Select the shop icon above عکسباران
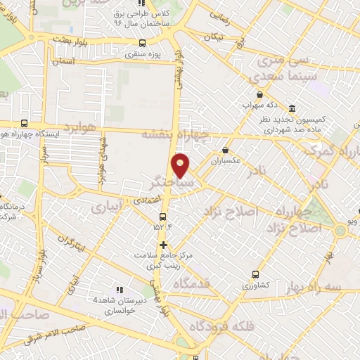coord(225,150)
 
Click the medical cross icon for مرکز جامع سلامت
coord(163,245)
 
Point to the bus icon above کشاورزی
coord(255,275)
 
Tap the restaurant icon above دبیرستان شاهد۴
coord(119,289)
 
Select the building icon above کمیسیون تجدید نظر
coord(292,108)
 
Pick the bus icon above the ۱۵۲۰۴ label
coord(163,216)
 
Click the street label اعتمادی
coord(141,201)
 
